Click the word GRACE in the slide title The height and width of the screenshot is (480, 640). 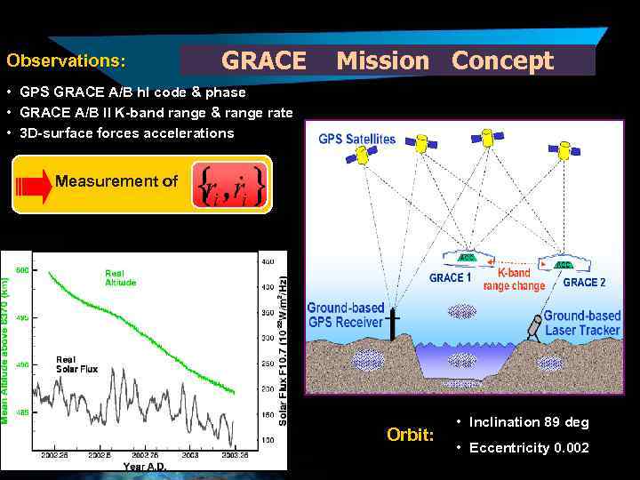click(x=263, y=61)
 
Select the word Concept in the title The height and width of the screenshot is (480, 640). click(x=502, y=61)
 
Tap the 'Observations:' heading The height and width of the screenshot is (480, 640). click(x=66, y=61)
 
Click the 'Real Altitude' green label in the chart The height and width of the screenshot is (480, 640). click(x=121, y=277)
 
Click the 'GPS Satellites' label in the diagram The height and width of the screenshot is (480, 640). click(x=356, y=140)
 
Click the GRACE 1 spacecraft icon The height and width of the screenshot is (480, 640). click(x=467, y=259)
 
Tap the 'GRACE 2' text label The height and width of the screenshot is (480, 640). click(x=584, y=282)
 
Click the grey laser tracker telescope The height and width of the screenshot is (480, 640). click(x=536, y=325)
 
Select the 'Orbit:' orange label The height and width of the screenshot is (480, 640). click(x=411, y=435)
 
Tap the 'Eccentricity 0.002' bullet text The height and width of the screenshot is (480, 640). click(x=528, y=447)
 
